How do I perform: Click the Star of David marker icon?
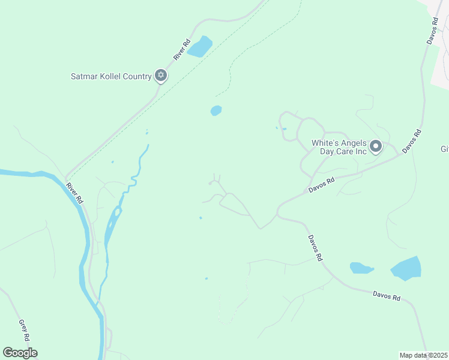(160, 76)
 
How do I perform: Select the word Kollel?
(113, 76)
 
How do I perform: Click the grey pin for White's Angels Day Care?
(376, 146)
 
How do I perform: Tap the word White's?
(325, 143)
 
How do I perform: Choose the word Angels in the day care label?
(354, 143)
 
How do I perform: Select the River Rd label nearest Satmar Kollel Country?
(181, 49)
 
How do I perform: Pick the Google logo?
(20, 353)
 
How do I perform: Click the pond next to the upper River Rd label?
(200, 46)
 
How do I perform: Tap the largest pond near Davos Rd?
(406, 268)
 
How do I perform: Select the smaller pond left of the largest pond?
(361, 268)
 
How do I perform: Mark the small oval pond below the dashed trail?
(216, 110)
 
